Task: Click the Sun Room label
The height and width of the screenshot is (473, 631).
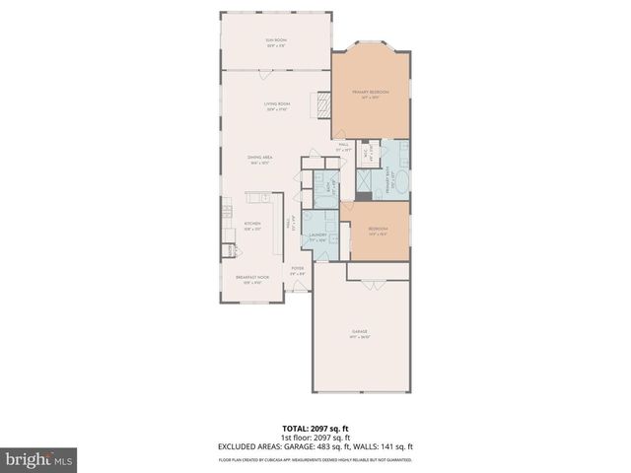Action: (x=274, y=42)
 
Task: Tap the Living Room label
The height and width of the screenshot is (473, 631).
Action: (x=276, y=106)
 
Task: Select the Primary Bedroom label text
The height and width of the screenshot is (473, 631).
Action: (x=370, y=94)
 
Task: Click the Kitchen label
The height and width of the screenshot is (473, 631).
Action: (x=251, y=226)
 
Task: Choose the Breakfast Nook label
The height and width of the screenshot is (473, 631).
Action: (x=252, y=279)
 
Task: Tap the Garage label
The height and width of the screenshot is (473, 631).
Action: (x=358, y=333)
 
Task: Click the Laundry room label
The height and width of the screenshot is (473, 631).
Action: (x=317, y=236)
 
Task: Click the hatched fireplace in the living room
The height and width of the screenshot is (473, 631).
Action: (x=320, y=105)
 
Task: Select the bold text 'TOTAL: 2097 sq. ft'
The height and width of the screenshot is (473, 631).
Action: (x=315, y=429)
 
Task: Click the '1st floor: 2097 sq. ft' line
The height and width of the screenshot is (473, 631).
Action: (x=315, y=438)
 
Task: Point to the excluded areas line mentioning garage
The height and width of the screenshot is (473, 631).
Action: (x=315, y=446)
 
